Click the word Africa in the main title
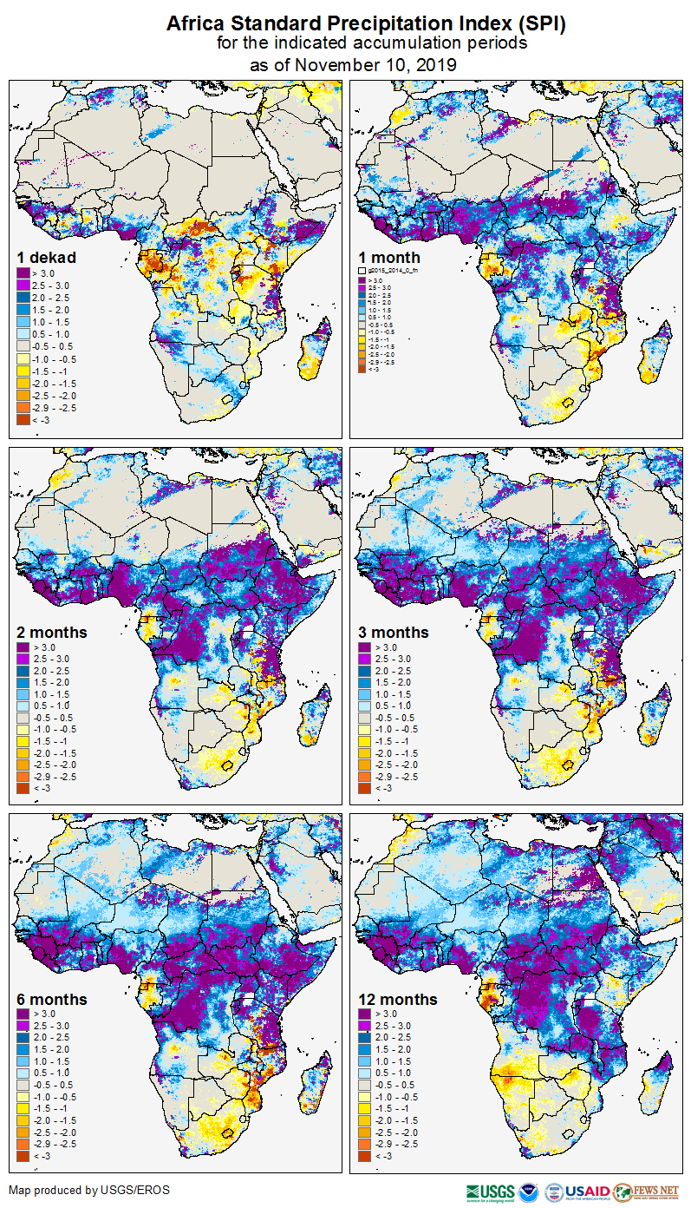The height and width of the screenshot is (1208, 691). [x=196, y=24]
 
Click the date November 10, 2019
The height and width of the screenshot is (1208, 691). [x=375, y=64]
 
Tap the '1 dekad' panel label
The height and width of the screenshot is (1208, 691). [x=47, y=258]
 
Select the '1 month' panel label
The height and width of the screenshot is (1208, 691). [x=389, y=258]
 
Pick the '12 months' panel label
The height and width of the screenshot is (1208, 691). [x=398, y=1000]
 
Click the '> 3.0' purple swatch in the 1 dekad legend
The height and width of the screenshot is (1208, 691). [x=23, y=273]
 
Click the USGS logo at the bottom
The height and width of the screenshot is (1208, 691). [x=491, y=1192]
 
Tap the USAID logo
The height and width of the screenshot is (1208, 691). [x=588, y=1192]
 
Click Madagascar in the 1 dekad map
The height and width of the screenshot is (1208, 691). [x=316, y=351]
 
